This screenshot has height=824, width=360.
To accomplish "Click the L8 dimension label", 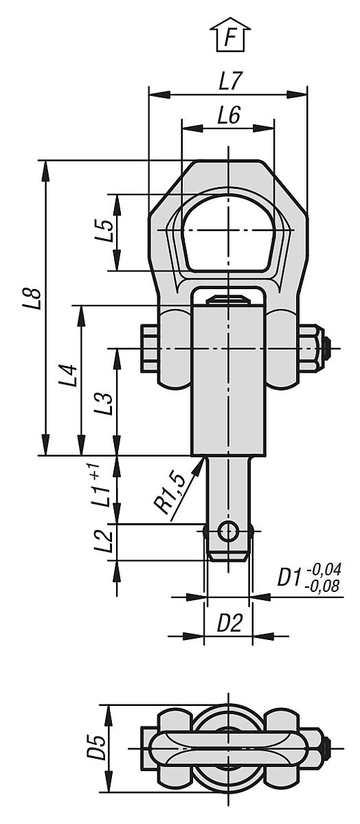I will (x=32, y=301).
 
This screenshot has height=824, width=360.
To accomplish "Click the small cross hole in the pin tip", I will (x=228, y=531).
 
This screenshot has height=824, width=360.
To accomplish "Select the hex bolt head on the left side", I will (x=149, y=349).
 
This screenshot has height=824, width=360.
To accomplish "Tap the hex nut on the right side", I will (x=311, y=349).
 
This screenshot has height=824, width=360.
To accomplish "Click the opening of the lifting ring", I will (x=228, y=232).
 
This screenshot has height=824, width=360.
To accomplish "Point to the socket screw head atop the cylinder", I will (x=228, y=299).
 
